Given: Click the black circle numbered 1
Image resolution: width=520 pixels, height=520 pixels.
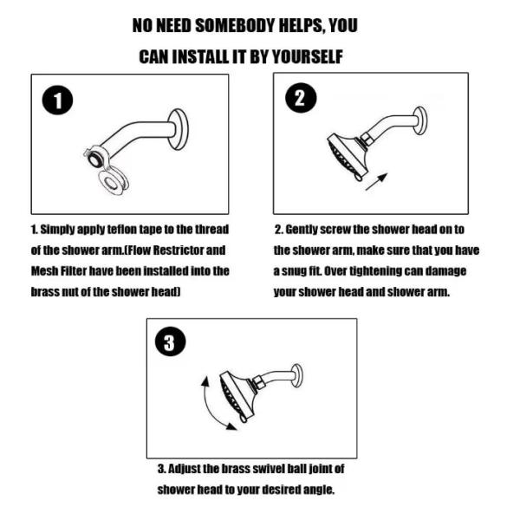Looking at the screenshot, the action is pos(57,101).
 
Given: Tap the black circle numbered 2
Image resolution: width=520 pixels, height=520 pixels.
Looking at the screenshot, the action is pos(301,98).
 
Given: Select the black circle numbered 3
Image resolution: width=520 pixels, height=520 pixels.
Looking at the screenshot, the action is pos(171,341).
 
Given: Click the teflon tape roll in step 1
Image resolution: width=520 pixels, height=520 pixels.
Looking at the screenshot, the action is pos(114,181).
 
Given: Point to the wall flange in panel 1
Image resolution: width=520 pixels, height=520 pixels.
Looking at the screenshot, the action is pos(179,129).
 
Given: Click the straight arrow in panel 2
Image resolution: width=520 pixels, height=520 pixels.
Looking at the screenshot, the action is pos(376,182).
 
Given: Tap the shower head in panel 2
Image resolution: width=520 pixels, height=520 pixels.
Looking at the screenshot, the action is pos(348,157).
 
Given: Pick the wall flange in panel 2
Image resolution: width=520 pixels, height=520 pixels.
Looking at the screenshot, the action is pos(419,120).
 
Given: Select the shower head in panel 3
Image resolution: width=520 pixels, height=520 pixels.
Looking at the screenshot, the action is pos(238,396).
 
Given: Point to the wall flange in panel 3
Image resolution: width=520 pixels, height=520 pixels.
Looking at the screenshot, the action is pos(296,376).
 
